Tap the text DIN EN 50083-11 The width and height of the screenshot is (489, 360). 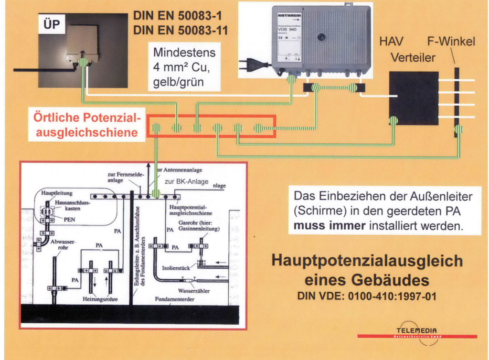coord(181,31)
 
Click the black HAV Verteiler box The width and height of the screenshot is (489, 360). coord(414,98)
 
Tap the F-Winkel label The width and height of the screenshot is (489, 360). coord(451,42)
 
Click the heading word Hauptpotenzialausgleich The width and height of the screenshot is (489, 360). coord(367,261)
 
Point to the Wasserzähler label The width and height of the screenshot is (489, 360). coord(194,290)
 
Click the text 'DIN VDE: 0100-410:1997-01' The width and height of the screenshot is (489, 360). coord(367,296)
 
